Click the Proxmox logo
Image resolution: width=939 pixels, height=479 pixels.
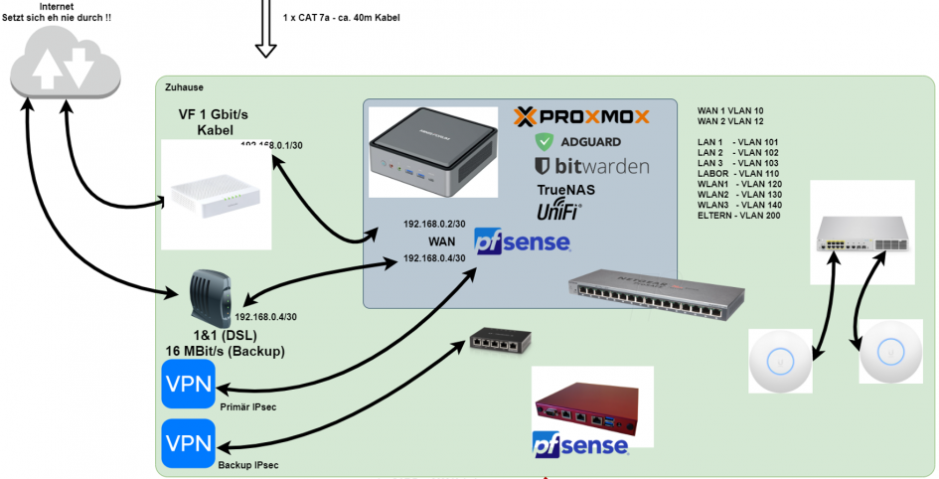(x=581, y=117)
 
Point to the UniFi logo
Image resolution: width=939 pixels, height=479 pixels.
(x=558, y=211)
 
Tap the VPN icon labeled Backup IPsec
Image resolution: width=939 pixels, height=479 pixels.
(x=188, y=444)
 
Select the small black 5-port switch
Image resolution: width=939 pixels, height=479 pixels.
(x=501, y=344)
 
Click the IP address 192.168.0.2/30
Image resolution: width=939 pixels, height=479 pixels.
(x=435, y=224)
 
